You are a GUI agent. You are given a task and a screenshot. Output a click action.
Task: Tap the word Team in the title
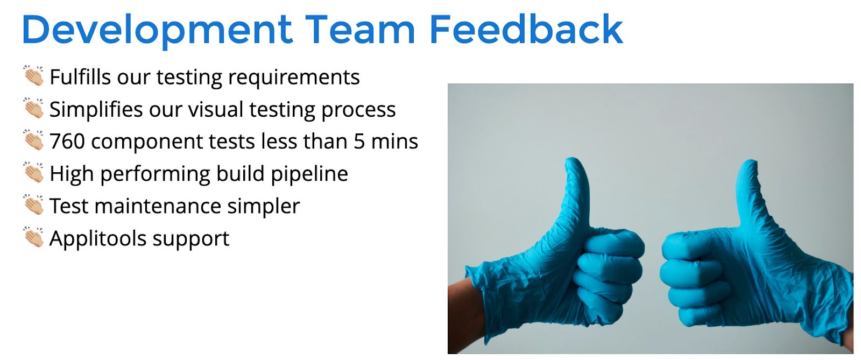[x=360, y=30]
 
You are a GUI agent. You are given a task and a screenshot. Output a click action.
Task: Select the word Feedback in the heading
[x=526, y=29]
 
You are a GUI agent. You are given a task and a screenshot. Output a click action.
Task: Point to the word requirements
[x=294, y=77]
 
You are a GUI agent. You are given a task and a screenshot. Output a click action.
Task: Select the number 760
[x=67, y=141]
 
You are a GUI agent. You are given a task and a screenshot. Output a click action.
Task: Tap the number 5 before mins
[x=359, y=142]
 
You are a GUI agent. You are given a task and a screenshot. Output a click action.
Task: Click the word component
[x=147, y=143]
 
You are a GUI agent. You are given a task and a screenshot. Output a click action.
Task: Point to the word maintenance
[x=158, y=206]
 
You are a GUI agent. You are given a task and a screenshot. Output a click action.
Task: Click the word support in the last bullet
[x=190, y=240]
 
